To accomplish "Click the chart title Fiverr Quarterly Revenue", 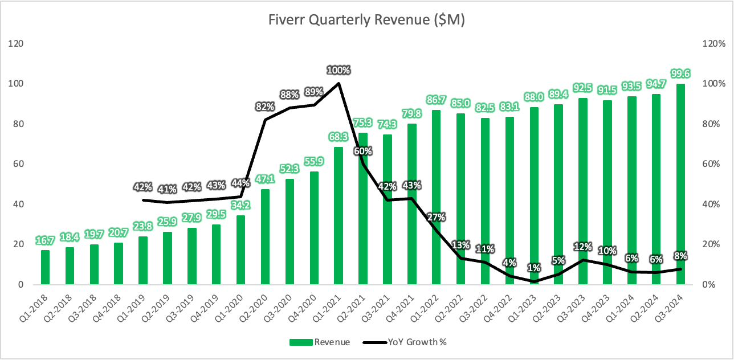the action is tap(366, 20).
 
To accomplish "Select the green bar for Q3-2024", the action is tap(680, 184).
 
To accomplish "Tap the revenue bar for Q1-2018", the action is tap(45, 267).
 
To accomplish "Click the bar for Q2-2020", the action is tap(265, 237).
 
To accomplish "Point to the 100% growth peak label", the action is tap(339, 70).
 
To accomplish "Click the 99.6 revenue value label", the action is tap(680, 73).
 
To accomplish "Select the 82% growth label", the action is tap(265, 107).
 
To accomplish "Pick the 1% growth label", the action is tap(534, 268).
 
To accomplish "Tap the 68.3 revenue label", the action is tap(339, 137).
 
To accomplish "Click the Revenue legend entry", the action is tap(320, 342).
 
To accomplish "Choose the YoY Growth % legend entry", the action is tap(405, 342).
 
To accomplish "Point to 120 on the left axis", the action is tap(16, 43).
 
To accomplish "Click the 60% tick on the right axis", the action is tap(711, 164).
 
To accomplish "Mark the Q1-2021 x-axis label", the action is tap(328, 308).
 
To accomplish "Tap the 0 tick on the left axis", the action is tap(21, 284).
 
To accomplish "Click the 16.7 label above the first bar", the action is tap(45, 240).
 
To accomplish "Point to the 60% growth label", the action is tap(363, 151).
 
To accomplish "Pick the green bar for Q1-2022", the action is tap(436, 197).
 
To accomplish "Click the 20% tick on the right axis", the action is tap(711, 244).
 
